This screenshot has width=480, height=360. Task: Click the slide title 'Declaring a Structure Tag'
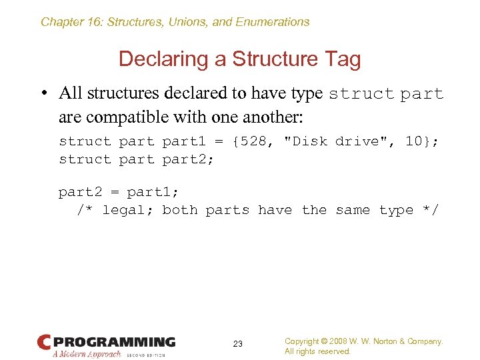[x=239, y=59]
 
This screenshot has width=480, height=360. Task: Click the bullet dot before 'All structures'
[x=44, y=94]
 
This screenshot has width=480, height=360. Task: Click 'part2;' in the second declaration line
[x=188, y=159]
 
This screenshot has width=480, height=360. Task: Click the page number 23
[x=237, y=344]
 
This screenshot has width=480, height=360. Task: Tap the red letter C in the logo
[x=44, y=343]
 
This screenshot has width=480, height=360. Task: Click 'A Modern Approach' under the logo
[x=87, y=354]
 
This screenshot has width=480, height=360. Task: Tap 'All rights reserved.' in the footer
[x=317, y=351]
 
